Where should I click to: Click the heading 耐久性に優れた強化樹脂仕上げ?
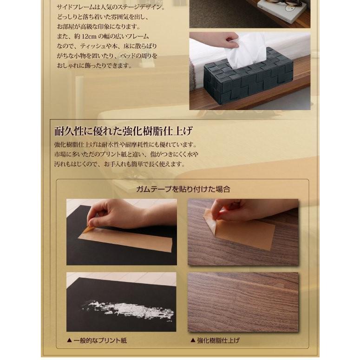(x=123, y=131)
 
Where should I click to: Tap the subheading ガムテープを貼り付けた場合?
(x=183, y=189)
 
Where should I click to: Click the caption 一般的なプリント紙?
(x=100, y=340)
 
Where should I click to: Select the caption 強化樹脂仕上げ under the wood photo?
(x=218, y=340)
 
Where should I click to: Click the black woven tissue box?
(x=248, y=76)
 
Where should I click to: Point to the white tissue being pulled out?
(x=246, y=51)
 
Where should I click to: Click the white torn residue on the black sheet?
(x=127, y=310)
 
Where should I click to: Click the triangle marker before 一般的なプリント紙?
(x=69, y=340)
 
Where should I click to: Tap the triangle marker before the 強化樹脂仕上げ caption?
(x=193, y=340)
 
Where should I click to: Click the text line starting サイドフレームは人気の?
(x=111, y=7)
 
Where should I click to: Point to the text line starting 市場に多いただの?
(x=126, y=154)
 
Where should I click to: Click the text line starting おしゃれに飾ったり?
(x=94, y=65)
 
